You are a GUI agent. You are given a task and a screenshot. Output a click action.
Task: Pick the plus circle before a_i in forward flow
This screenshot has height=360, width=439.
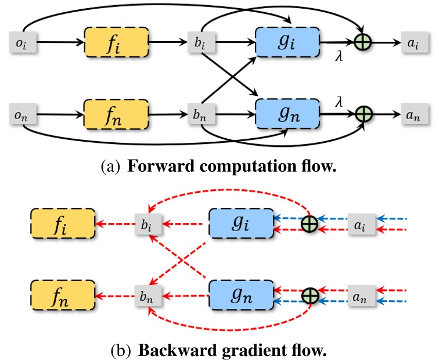coord(364,42)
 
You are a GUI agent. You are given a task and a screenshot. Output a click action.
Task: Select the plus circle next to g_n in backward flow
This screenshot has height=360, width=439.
coord(311,296)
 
